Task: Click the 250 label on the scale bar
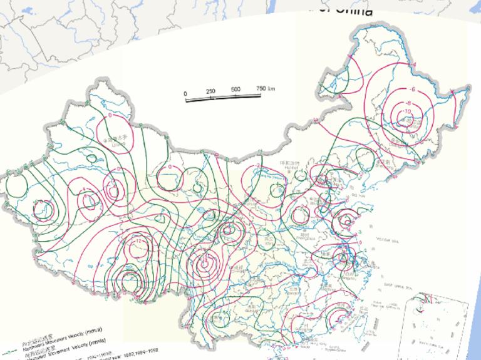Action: pyautogui.click(x=210, y=91)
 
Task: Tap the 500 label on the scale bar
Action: pyautogui.click(x=235, y=90)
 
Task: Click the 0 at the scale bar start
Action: pyautogui.click(x=186, y=94)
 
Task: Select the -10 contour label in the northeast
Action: pyautogui.click(x=407, y=111)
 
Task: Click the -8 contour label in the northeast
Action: pyautogui.click(x=409, y=102)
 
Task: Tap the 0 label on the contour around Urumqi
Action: pyautogui.click(x=110, y=116)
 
